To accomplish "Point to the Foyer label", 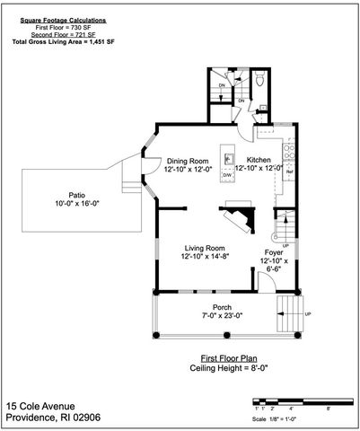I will coord(274,253).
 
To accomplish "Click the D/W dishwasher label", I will coord(227,176).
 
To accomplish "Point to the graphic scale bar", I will coord(292,399).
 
